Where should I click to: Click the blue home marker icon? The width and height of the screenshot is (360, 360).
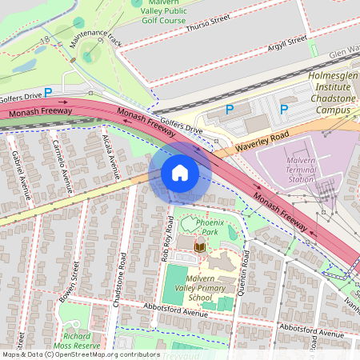point(180,173)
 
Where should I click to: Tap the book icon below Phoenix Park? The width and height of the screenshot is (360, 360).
point(200,248)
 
